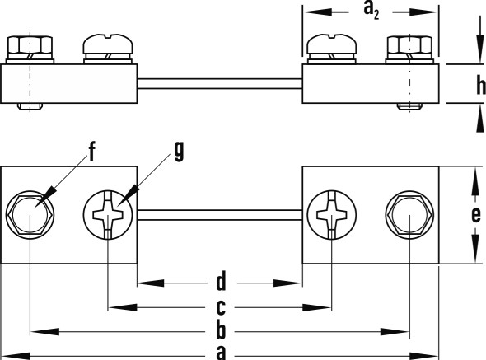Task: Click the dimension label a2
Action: [372, 11]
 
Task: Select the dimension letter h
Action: [481, 85]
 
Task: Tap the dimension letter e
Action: [476, 214]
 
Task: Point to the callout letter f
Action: [91, 152]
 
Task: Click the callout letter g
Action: [179, 152]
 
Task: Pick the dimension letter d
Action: [221, 281]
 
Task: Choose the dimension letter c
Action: [221, 307]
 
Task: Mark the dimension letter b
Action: [221, 330]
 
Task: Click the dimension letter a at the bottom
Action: [221, 353]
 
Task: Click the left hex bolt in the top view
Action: [30, 215]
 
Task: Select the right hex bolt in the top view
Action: [409, 215]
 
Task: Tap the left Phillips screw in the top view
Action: [108, 215]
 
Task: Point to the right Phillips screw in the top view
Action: [332, 215]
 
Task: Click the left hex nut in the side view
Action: [30, 46]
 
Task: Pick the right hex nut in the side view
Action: [409, 46]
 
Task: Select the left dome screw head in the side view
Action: [108, 44]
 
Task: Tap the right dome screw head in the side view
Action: [332, 44]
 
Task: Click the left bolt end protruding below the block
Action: [30, 106]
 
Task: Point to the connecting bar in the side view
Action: [220, 84]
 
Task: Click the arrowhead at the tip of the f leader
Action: [47, 194]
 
